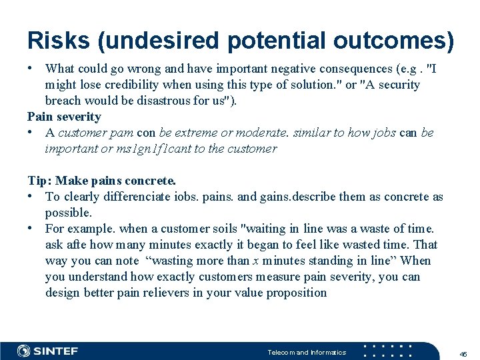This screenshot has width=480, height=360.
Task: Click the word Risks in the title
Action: pyautogui.click(x=58, y=41)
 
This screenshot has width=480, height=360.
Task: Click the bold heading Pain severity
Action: pyautogui.click(x=64, y=117)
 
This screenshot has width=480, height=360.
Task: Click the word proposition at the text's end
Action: pyautogui.click(x=297, y=293)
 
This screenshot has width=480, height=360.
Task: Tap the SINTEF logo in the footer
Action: pyautogui.click(x=47, y=351)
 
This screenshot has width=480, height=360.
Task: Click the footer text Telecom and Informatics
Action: pyautogui.click(x=307, y=352)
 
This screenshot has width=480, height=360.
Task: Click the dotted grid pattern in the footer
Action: pyautogui.click(x=390, y=351)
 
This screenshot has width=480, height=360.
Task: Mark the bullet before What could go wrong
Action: pyautogui.click(x=31, y=69)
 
